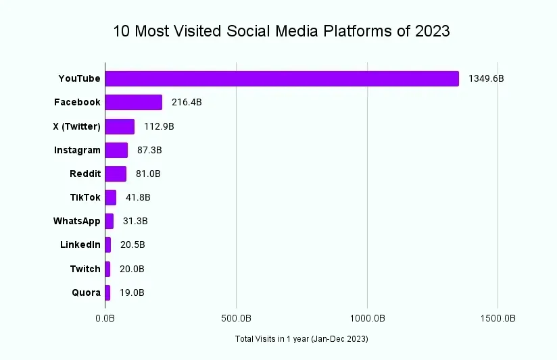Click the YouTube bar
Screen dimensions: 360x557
282,78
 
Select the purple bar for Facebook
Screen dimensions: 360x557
134,102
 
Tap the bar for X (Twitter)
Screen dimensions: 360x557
120,126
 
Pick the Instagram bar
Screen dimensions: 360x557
116,150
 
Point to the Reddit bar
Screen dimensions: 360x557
116,174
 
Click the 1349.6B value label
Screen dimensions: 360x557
486,79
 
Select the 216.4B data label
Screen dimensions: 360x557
187,103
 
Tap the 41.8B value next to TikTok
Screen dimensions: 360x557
138,198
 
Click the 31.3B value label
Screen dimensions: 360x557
135,222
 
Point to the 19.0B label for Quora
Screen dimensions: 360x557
132,293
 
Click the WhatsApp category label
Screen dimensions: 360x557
77,221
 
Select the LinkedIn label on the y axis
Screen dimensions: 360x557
80,245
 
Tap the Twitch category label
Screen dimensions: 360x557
85,269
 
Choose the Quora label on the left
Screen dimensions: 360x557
86,293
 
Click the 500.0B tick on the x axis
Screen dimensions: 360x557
236,317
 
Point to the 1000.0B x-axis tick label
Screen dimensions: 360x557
367,317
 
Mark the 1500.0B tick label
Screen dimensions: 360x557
498,317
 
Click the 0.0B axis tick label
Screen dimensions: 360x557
105,317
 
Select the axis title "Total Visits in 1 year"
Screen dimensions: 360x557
301,338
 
